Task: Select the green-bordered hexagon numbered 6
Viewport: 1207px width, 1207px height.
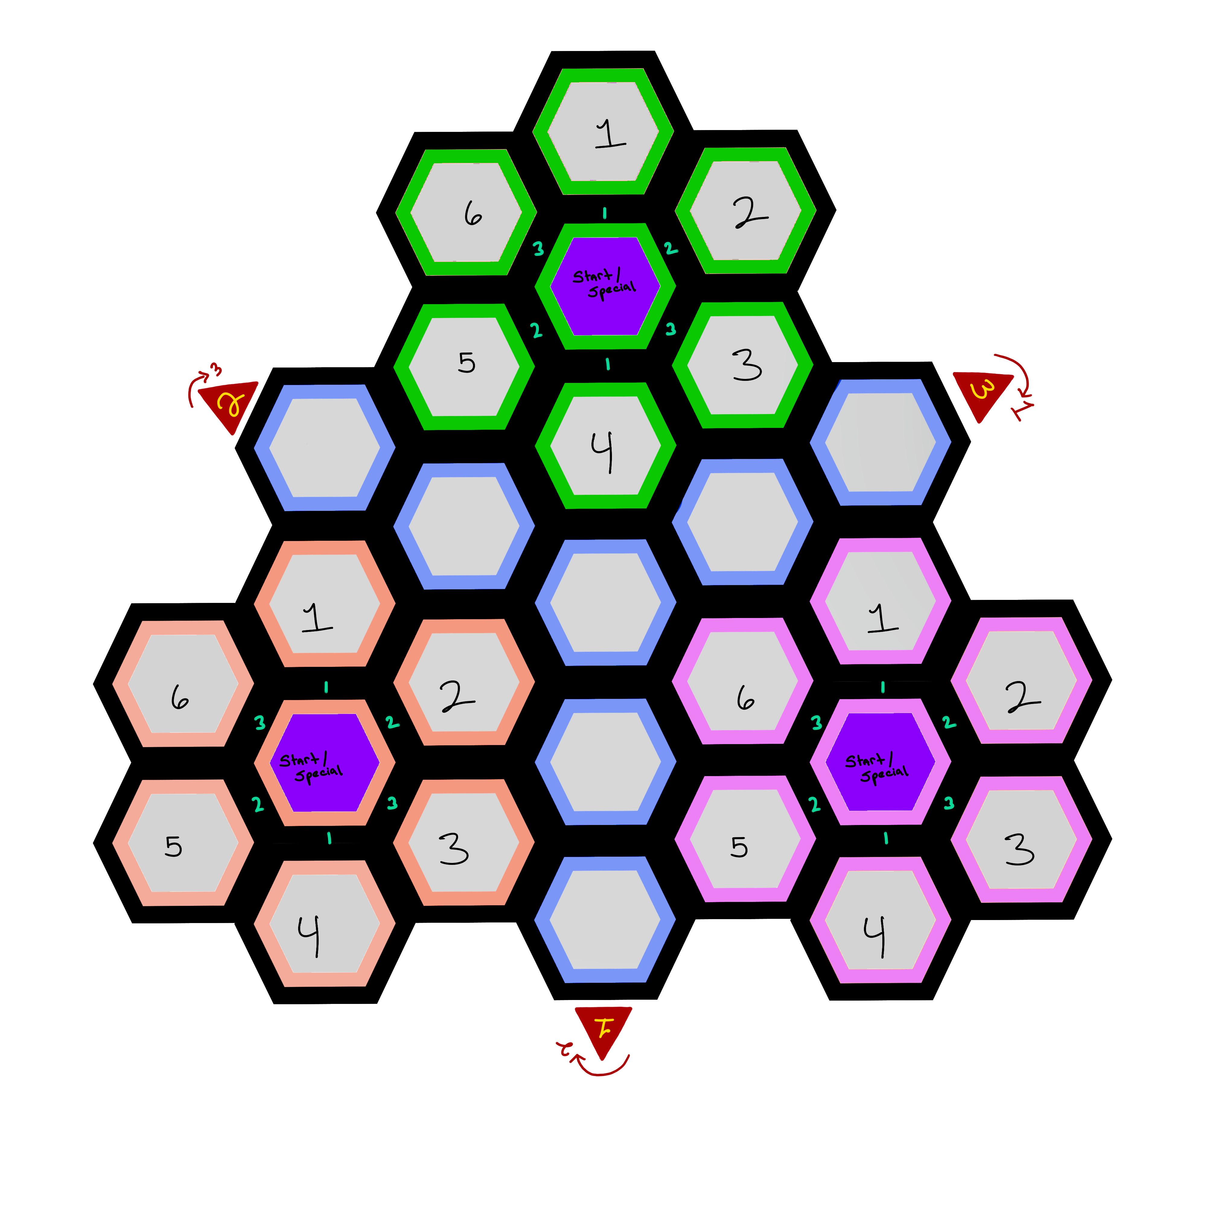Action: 466,212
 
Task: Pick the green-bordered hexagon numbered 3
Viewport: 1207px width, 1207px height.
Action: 743,365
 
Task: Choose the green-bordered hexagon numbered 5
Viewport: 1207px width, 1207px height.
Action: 464,367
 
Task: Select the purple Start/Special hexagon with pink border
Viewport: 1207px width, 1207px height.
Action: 880,762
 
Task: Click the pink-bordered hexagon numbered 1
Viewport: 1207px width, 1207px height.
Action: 880,601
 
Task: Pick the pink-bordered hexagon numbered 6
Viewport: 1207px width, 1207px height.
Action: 742,681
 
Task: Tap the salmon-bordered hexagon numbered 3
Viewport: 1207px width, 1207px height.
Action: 463,842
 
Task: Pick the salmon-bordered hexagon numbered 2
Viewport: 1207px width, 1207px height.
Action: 463,682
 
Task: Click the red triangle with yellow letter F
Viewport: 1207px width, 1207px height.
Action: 603,1029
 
